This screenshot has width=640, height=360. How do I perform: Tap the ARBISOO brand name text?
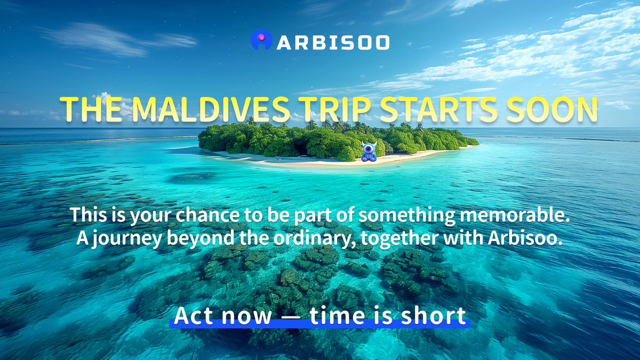[333, 42]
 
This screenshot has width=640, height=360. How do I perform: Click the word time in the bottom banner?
[333, 316]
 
